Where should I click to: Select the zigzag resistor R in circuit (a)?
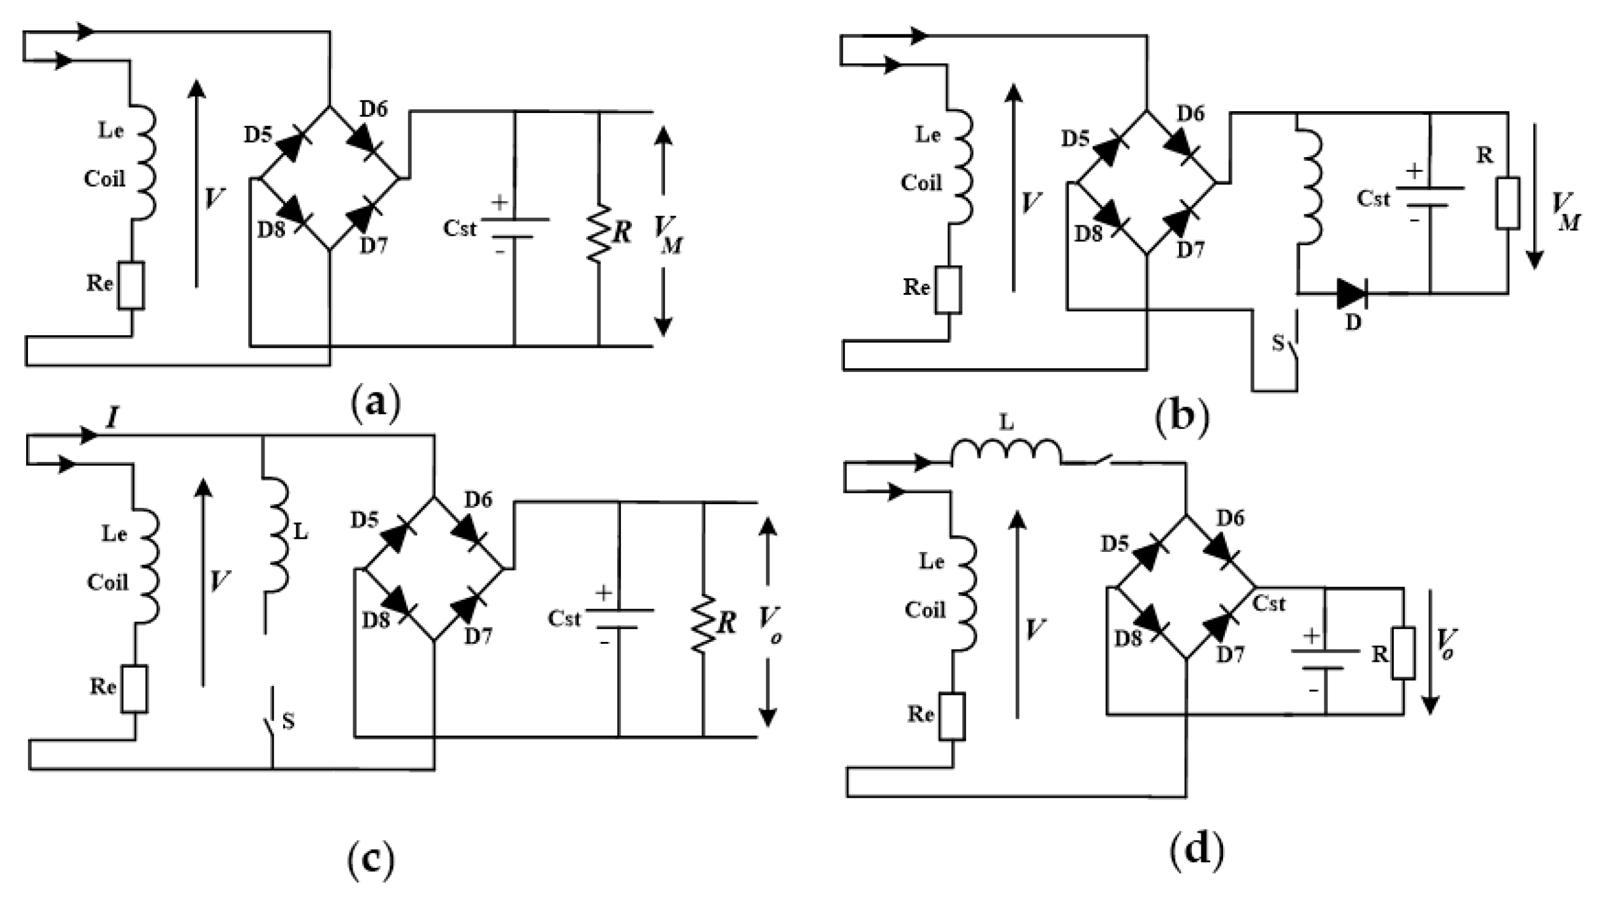598,232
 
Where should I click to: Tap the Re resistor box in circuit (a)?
131,286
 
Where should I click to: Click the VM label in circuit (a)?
668,235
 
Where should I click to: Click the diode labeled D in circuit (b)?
1351,293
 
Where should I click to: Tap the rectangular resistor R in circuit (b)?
1507,203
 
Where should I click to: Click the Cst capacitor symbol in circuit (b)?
1429,197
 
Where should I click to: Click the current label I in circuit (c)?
112,418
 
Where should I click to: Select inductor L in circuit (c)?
277,534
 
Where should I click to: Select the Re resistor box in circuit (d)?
952,716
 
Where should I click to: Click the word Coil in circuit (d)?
925,610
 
